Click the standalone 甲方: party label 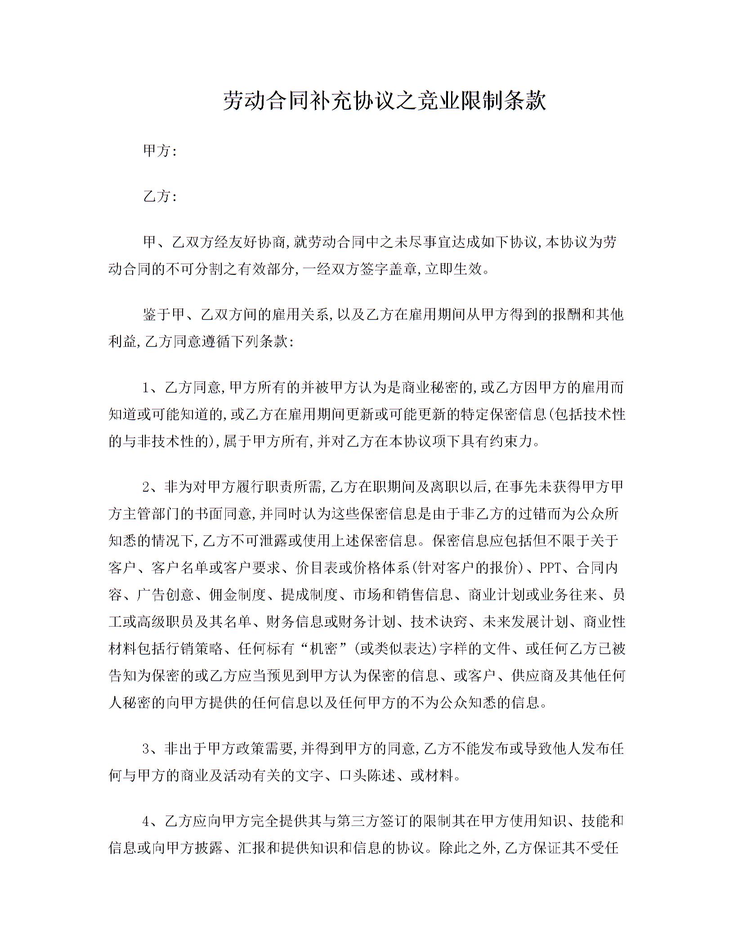pos(160,151)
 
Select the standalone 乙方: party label pos(160,197)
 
